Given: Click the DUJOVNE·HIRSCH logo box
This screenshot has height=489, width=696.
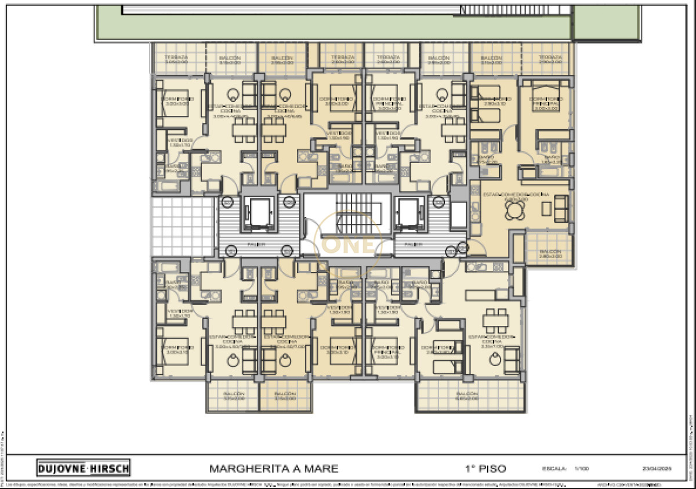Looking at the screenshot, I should tap(83, 468).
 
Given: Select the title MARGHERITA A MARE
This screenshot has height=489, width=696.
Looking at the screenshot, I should tap(273, 468).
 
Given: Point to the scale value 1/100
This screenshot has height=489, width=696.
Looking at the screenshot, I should tap(581, 468).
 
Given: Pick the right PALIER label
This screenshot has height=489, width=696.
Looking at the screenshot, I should tap(412, 244).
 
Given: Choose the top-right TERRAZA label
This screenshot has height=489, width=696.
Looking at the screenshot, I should tap(550, 58).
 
